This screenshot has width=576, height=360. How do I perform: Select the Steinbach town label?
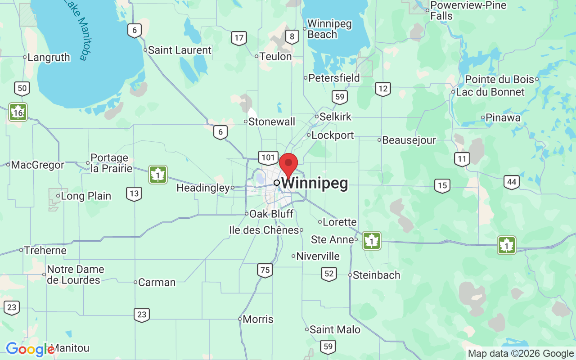pyautogui.click(x=376, y=275)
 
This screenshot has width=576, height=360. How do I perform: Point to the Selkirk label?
pyautogui.click(x=335, y=117)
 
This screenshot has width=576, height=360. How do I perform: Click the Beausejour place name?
pyautogui.click(x=409, y=140)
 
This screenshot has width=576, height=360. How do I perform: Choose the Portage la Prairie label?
pyautogui.click(x=111, y=163)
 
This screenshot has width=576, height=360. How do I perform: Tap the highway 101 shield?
pyautogui.click(x=268, y=157)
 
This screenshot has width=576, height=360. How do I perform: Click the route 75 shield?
pyautogui.click(x=265, y=270)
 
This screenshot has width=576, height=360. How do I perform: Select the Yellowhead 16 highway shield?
pyautogui.click(x=18, y=112)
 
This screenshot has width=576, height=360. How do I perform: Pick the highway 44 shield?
pyautogui.click(x=512, y=182)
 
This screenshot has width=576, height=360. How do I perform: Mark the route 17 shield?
pyautogui.click(x=239, y=38)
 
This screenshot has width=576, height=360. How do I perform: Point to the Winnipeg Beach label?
pyautogui.click(x=329, y=29)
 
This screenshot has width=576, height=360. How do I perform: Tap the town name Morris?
pyautogui.click(x=258, y=319)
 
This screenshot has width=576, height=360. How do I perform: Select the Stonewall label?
pyautogui.click(x=272, y=121)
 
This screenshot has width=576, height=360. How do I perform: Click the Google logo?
pyautogui.click(x=30, y=349)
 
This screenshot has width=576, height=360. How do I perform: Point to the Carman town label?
pyautogui.click(x=157, y=282)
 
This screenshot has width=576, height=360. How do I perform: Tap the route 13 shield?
pyautogui.click(x=134, y=194)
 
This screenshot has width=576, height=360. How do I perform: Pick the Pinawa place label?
pyautogui.click(x=503, y=117)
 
